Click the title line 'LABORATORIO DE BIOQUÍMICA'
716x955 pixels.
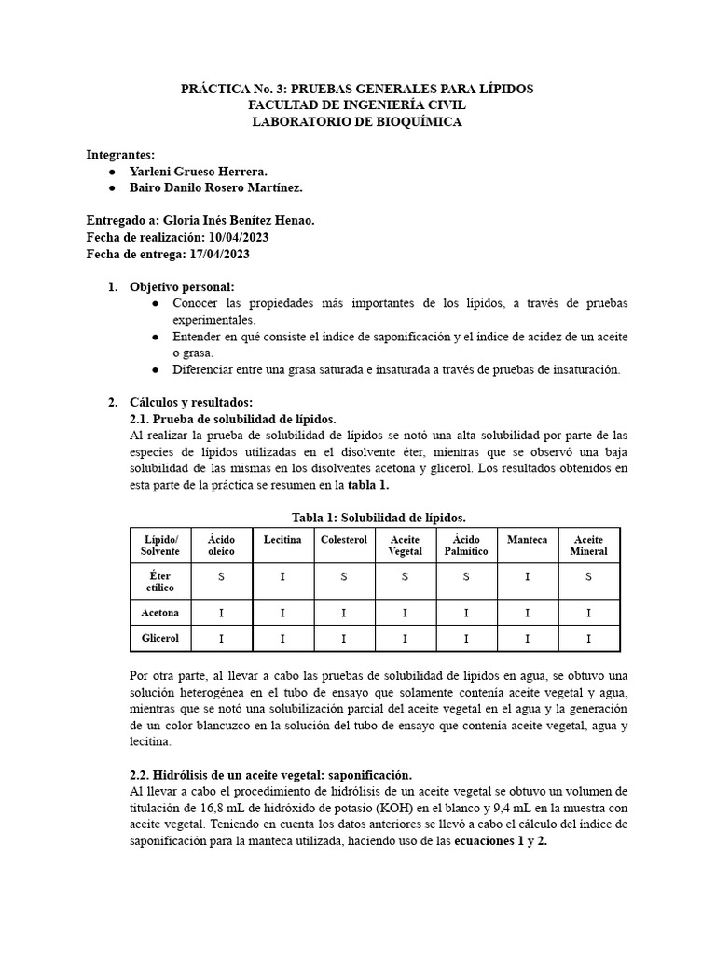357,121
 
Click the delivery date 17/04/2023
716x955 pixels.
215,254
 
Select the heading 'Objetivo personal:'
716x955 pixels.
182,286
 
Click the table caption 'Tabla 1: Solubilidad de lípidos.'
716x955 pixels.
379,518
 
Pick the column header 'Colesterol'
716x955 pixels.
344,540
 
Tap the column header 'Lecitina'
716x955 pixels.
282,540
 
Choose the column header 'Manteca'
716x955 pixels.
527,540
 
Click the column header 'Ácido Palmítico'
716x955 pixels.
466,546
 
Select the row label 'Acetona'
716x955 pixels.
159,613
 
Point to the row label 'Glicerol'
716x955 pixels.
159,638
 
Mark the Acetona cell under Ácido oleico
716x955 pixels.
221,613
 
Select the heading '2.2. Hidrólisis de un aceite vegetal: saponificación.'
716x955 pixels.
269,775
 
